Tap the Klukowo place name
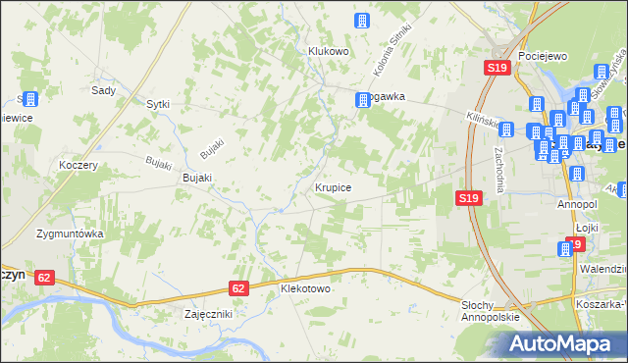pyautogui.click(x=329, y=51)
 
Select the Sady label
pyautogui.click(x=103, y=89)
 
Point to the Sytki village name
pyautogui.click(x=158, y=103)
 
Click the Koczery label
pyautogui.click(x=78, y=166)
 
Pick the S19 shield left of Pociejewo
pyautogui.click(x=497, y=68)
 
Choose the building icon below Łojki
pyautogui.click(x=566, y=249)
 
